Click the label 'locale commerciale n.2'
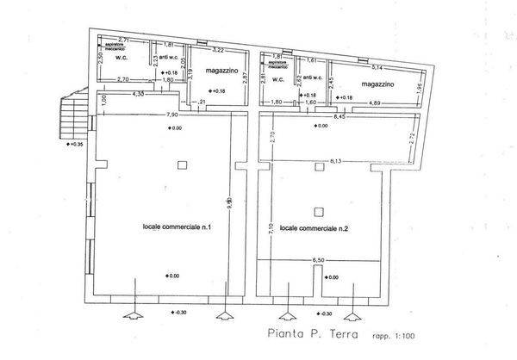click(314, 228)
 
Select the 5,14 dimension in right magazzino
click(376, 66)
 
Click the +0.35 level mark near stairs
click(75, 144)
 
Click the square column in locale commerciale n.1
click(180, 165)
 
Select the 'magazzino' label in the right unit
click(378, 84)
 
